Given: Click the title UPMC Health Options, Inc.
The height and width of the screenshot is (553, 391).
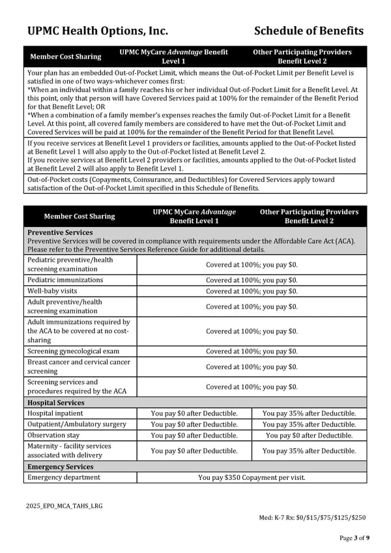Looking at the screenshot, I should click(98, 31).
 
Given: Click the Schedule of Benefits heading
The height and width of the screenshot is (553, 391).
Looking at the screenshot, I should click(308, 31).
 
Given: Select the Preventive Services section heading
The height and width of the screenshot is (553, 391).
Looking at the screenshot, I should click(60, 232).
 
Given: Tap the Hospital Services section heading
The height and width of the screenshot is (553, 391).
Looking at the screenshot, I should click(56, 403).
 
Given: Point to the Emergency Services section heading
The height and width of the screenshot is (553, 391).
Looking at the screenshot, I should click(60, 467).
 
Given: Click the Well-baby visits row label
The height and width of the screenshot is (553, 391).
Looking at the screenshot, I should click(52, 291).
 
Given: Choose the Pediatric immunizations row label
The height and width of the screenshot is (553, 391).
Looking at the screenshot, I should click(65, 280).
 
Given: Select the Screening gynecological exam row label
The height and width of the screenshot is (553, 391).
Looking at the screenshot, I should click(73, 351).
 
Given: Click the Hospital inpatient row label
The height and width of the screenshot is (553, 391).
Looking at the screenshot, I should click(55, 413).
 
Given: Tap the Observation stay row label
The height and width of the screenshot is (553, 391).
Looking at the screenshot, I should click(53, 435).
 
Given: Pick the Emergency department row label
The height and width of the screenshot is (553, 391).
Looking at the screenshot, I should click(64, 477).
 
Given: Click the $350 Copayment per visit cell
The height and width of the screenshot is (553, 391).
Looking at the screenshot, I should click(252, 477).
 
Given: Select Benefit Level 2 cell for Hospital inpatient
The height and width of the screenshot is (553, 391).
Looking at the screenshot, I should click(309, 413).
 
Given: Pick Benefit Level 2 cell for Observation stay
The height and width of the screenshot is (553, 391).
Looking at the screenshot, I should click(309, 435).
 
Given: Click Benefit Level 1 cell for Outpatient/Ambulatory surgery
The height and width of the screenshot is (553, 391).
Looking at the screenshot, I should click(194, 424).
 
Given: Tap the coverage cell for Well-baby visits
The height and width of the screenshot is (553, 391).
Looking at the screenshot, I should click(252, 291).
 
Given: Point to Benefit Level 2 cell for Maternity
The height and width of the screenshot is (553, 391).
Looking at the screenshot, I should click(309, 451).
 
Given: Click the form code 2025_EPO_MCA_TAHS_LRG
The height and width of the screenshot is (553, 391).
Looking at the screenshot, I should click(65, 505).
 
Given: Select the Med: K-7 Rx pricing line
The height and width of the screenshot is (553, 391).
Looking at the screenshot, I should click(312, 518).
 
